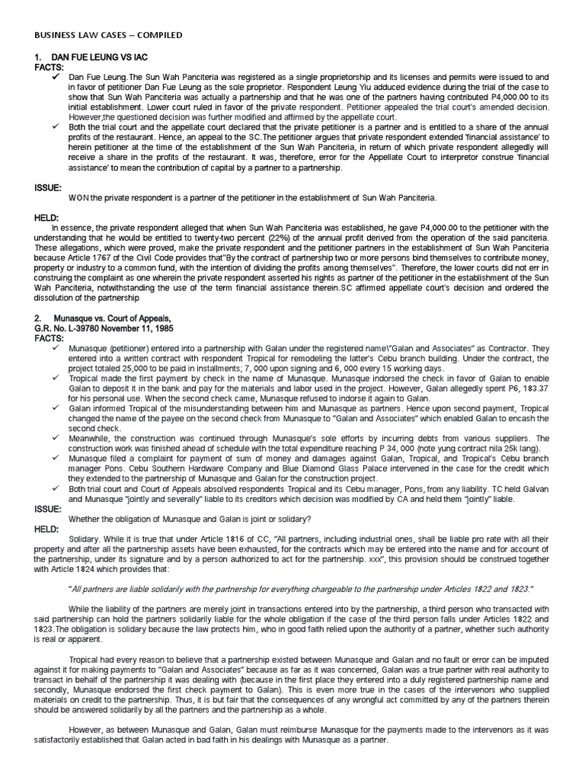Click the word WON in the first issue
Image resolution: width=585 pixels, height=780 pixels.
coord(78,197)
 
